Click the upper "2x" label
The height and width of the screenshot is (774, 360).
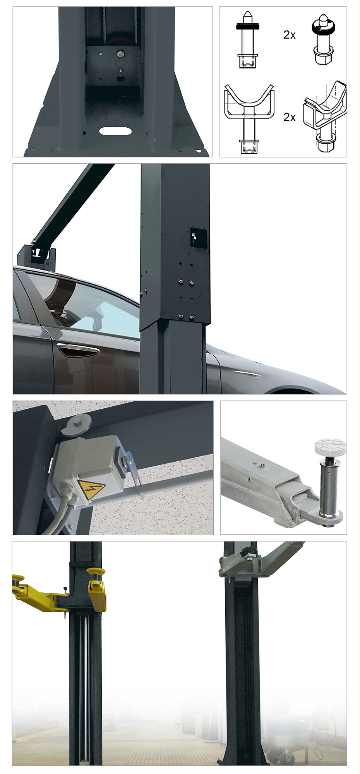[290, 35]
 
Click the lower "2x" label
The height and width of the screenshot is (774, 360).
[290, 117]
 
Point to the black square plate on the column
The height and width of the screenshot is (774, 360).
[198, 238]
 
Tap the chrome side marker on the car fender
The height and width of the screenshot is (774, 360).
[247, 374]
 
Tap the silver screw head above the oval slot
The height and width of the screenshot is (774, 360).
[120, 53]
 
